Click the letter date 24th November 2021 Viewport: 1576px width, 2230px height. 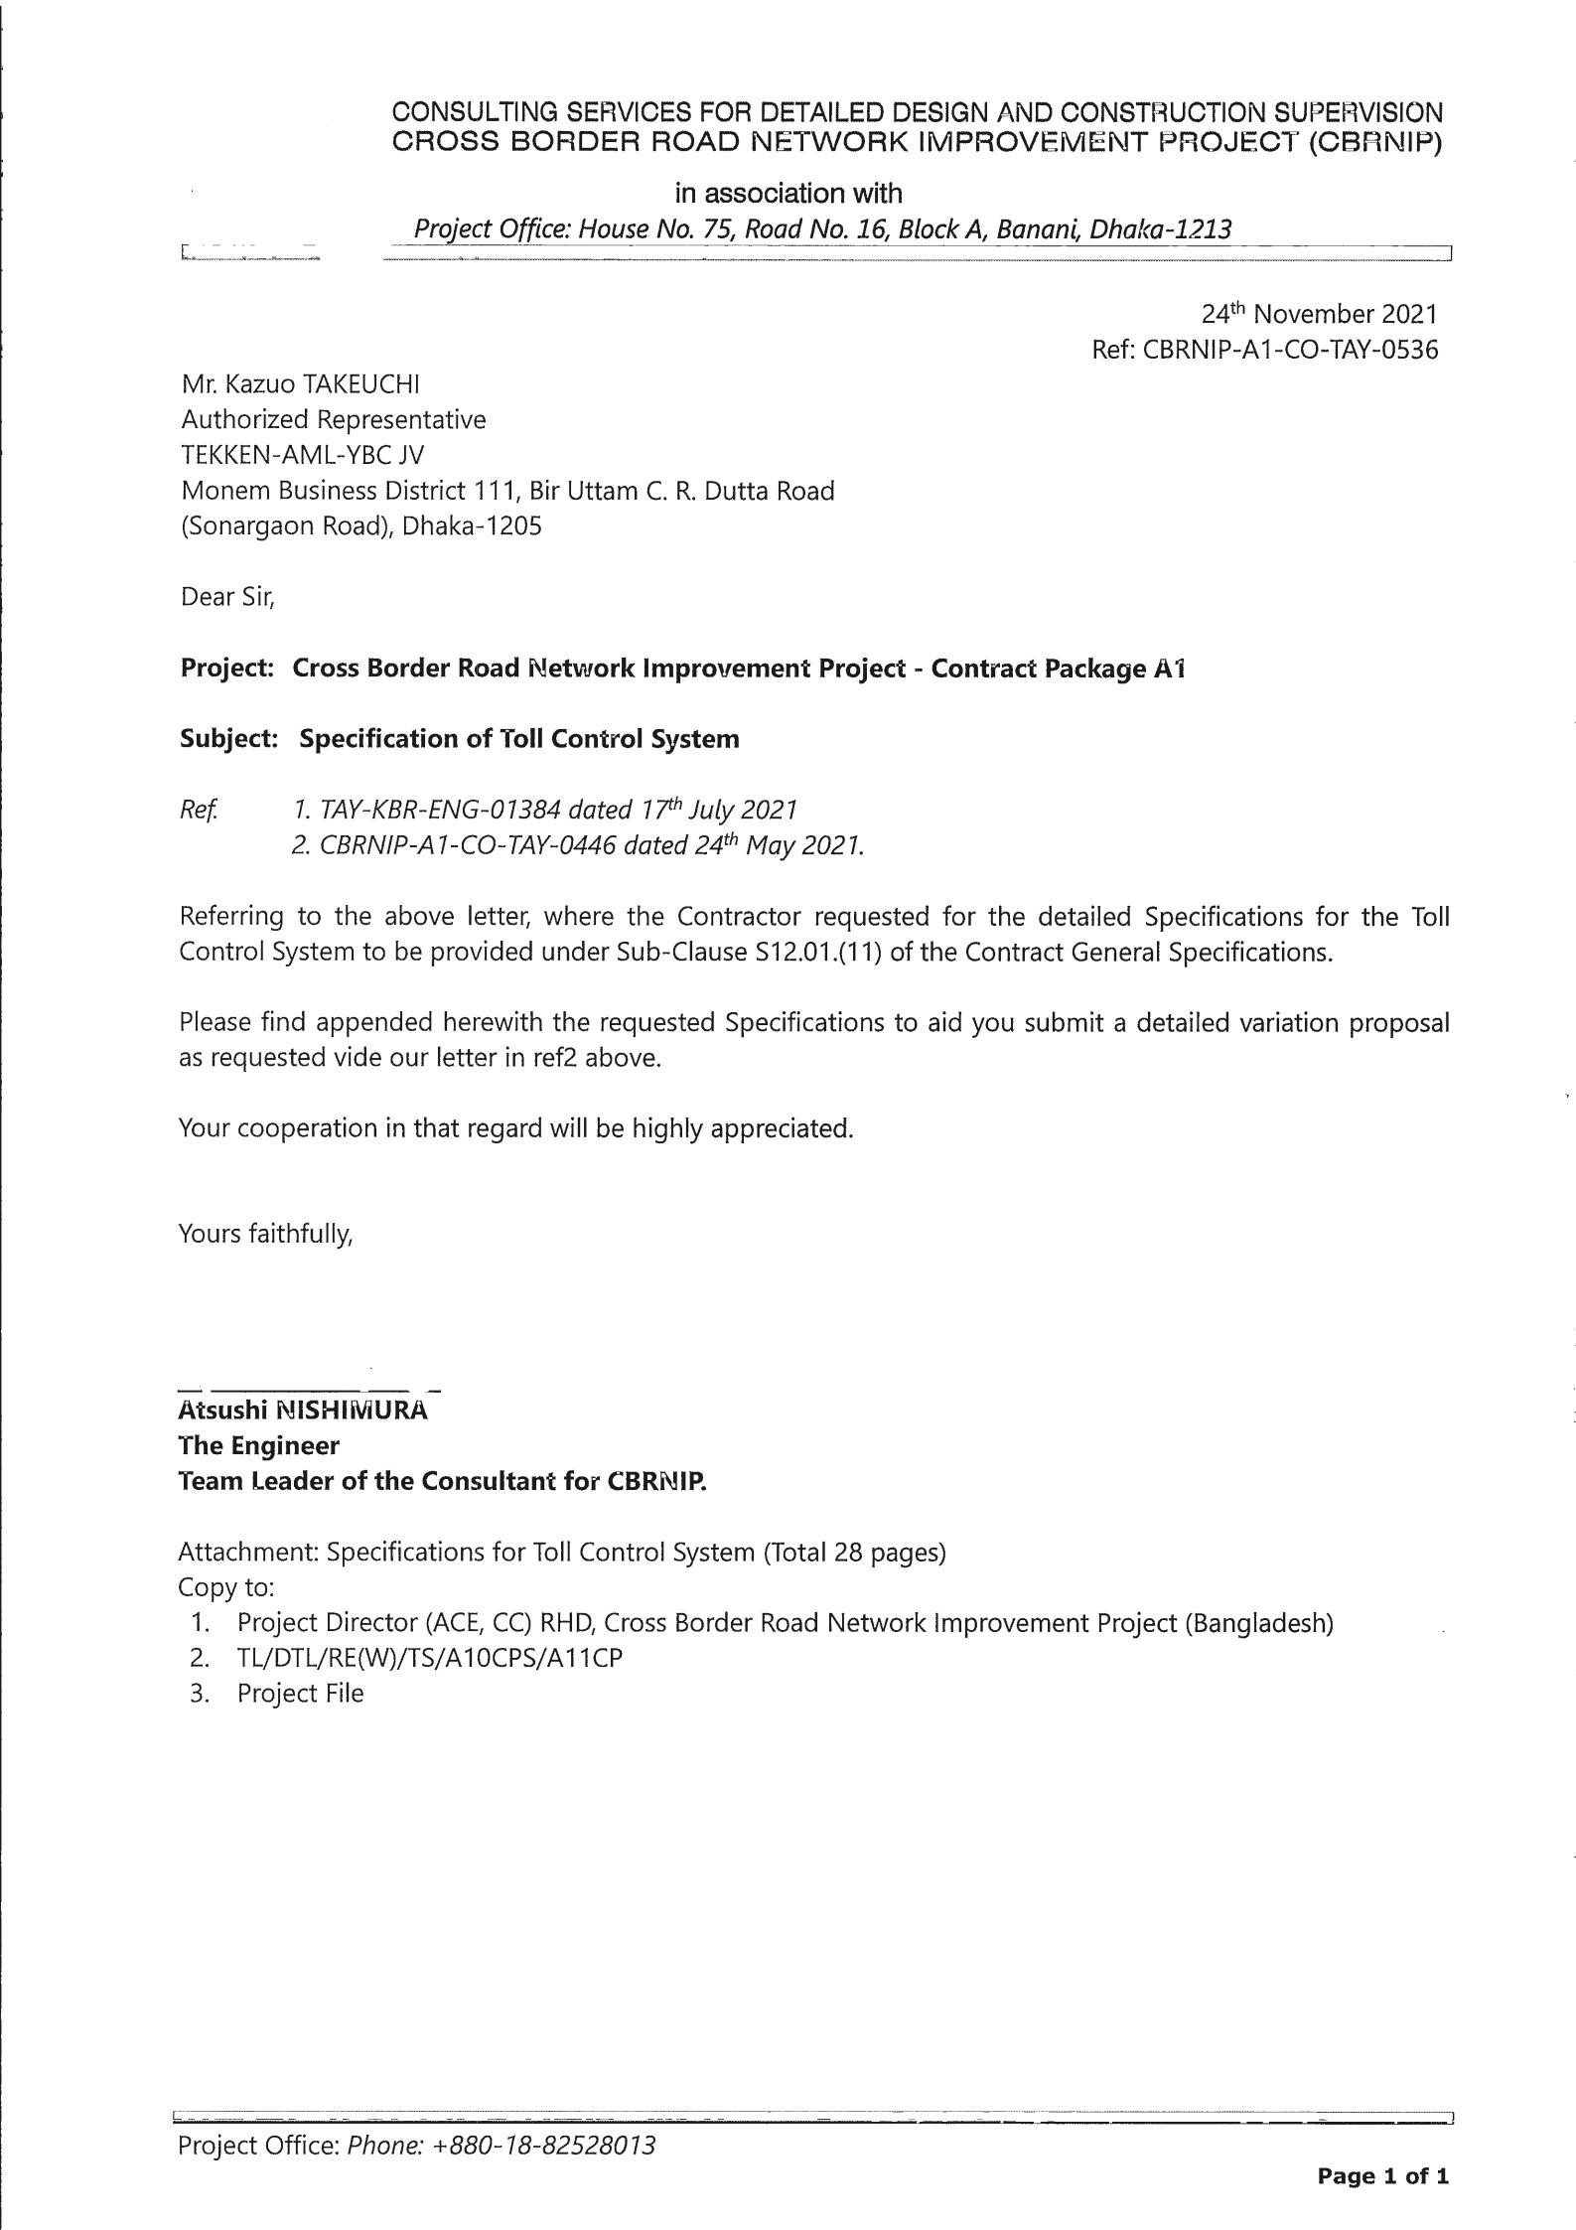1319,315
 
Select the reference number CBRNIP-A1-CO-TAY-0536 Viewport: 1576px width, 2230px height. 1290,350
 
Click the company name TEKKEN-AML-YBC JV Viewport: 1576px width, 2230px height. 302,455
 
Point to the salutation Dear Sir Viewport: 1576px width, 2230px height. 226,597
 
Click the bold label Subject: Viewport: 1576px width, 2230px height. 228,739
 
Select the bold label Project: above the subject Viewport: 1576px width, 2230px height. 226,669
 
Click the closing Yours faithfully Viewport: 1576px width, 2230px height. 265,1234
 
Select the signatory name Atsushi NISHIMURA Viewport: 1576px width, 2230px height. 303,1411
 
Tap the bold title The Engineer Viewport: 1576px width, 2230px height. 258,1445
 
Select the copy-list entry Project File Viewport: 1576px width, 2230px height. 300,1694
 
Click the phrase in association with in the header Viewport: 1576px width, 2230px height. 788,193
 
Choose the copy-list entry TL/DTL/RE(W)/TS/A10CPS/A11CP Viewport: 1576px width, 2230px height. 430,1658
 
